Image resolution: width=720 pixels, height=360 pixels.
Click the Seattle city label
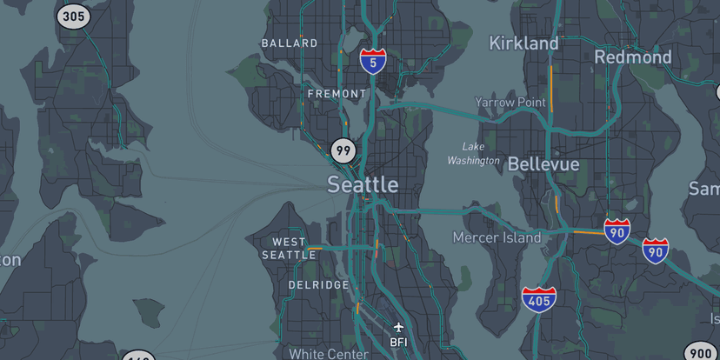point(363,184)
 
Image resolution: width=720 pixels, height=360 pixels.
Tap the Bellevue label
point(543,163)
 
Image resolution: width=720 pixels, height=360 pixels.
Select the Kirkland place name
point(523,43)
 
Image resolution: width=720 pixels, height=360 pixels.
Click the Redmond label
point(633,57)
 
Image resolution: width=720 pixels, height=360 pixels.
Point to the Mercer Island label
point(497,237)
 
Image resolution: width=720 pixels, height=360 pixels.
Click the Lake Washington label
point(474,153)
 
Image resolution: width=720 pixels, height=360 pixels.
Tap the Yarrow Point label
point(510,102)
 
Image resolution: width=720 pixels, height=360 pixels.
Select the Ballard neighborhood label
point(290,43)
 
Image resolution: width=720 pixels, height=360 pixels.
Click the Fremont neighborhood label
point(337,93)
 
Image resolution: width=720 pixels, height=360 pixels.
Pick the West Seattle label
point(290,248)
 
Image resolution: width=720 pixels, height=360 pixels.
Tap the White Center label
point(329,354)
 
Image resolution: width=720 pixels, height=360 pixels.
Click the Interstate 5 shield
point(373,61)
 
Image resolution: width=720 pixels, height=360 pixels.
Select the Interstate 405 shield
point(539,300)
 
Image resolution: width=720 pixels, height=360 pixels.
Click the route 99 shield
point(343,151)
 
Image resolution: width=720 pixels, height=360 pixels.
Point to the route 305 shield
point(74,15)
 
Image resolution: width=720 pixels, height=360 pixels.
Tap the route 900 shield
point(700,352)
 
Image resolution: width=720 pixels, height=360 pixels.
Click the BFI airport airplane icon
point(398,328)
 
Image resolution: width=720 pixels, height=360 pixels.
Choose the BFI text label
point(398,342)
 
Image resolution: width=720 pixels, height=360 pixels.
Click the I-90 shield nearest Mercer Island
point(617,230)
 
